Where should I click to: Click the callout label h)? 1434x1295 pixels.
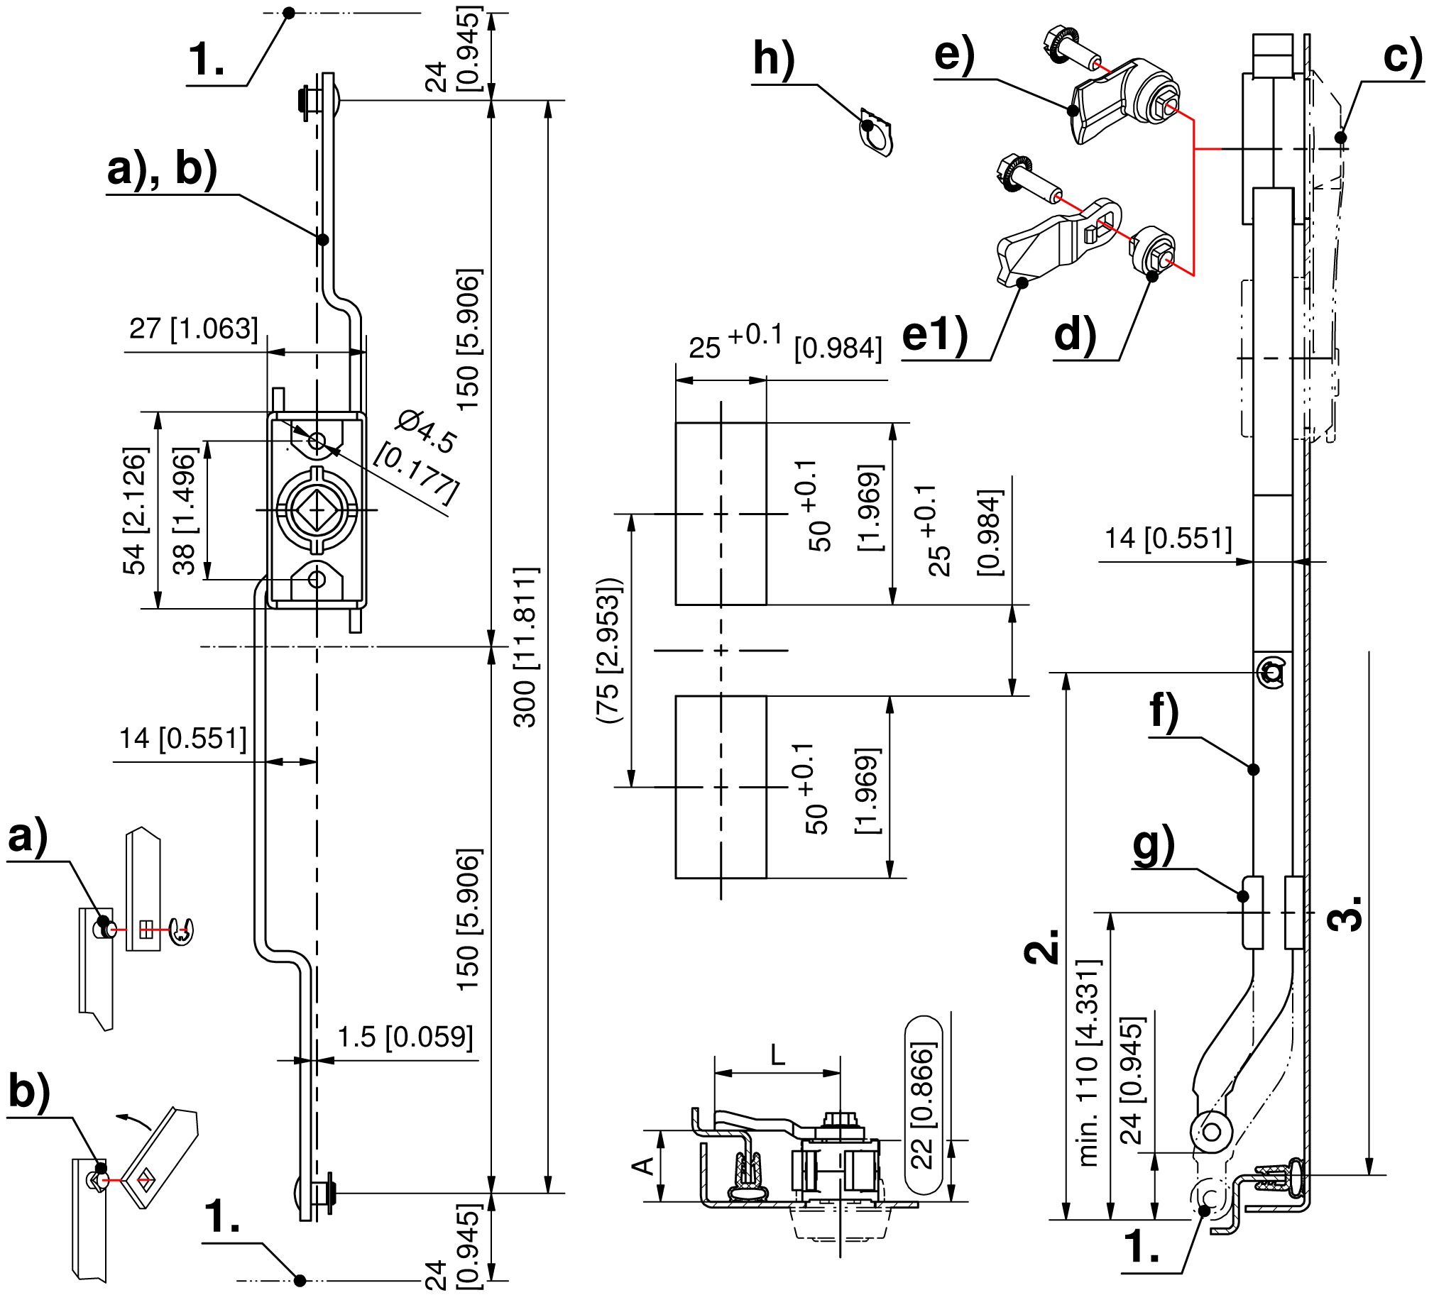coord(774,58)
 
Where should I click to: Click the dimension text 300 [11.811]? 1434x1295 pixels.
coord(526,647)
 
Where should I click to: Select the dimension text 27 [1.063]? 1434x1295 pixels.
coord(194,329)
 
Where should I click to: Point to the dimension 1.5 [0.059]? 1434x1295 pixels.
coord(405,1037)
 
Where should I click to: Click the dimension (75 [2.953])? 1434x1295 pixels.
coord(609,651)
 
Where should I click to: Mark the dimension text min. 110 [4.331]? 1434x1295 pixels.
coord(1090,1063)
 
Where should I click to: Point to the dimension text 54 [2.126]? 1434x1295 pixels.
coord(134,510)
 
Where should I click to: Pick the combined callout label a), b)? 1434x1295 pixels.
coord(162,171)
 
